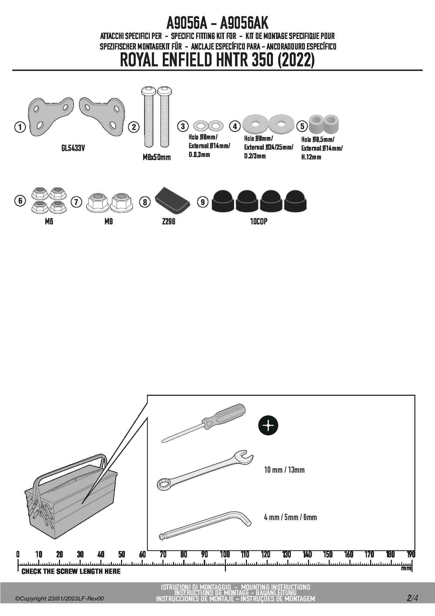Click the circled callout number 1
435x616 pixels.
pyautogui.click(x=20, y=127)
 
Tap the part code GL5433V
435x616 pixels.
pyautogui.click(x=73, y=148)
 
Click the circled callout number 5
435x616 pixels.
pyautogui.click(x=302, y=126)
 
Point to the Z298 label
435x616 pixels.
pyautogui.click(x=168, y=222)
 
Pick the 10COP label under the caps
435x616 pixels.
pyautogui.click(x=259, y=222)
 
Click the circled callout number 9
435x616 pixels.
pyautogui.click(x=203, y=202)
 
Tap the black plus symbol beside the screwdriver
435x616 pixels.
pyautogui.click(x=268, y=425)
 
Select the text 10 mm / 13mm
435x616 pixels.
pyautogui.click(x=284, y=470)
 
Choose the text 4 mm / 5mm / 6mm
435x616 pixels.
pyautogui.click(x=290, y=517)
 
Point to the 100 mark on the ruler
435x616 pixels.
pyautogui.click(x=225, y=555)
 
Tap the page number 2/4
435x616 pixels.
pyautogui.click(x=412, y=598)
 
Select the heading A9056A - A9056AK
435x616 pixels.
pyautogui.click(x=217, y=24)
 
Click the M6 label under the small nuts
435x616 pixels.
pyautogui.click(x=49, y=222)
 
